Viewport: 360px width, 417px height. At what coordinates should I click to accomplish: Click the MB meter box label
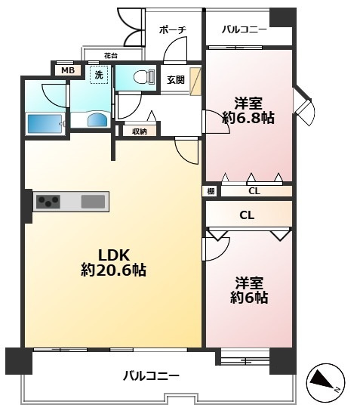pyautogui.click(x=67, y=71)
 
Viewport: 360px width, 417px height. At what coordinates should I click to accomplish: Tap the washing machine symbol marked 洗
pyautogui.click(x=99, y=75)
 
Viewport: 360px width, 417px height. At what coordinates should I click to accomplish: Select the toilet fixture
pyautogui.click(x=143, y=77)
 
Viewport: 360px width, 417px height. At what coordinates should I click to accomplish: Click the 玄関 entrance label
pyautogui.click(x=176, y=80)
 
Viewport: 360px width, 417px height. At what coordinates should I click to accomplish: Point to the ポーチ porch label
pyautogui.click(x=172, y=30)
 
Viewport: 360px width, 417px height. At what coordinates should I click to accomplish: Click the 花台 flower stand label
pyautogui.click(x=111, y=56)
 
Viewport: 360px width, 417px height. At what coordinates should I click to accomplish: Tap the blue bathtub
pyautogui.click(x=45, y=124)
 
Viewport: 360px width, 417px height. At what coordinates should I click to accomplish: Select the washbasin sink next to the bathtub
pyautogui.click(x=97, y=119)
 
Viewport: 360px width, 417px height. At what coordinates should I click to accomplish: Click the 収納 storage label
pyautogui.click(x=140, y=131)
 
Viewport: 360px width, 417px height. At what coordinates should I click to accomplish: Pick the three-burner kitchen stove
pyautogui.click(x=48, y=202)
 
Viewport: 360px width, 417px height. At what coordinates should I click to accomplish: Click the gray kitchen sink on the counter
pyautogui.click(x=93, y=202)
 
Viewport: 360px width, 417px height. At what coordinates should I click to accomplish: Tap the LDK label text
pyautogui.click(x=114, y=255)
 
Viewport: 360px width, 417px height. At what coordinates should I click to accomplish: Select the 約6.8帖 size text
pyautogui.click(x=248, y=118)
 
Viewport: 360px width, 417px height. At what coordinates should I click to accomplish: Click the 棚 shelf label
pyautogui.click(x=211, y=191)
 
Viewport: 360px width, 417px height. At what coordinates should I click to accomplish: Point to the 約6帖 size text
pyautogui.click(x=249, y=298)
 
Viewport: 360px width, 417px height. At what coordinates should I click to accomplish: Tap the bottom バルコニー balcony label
pyautogui.click(x=151, y=376)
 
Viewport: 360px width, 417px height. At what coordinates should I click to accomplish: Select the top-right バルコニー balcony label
pyautogui.click(x=245, y=29)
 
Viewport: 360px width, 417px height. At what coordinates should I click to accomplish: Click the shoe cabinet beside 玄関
pyautogui.click(x=195, y=82)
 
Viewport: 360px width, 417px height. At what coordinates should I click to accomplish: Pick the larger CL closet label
pyautogui.click(x=247, y=215)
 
